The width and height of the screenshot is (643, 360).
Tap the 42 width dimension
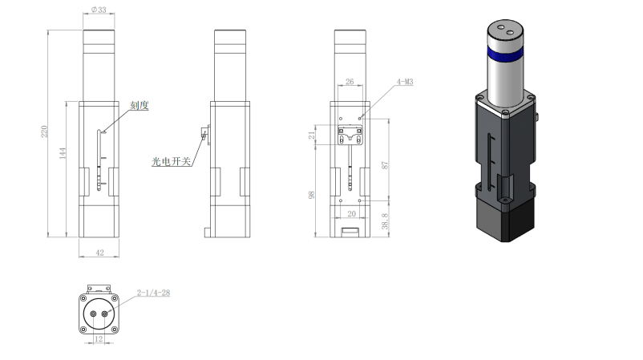(x=99, y=252)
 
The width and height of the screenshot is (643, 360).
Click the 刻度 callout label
(x=140, y=105)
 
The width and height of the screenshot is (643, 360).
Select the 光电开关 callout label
(x=171, y=162)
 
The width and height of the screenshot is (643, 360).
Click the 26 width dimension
(x=350, y=82)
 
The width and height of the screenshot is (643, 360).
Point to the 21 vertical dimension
(x=312, y=136)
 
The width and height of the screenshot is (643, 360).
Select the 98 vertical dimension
(x=312, y=194)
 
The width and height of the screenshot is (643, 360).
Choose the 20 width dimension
(x=350, y=214)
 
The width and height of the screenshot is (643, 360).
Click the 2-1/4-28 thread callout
(x=153, y=293)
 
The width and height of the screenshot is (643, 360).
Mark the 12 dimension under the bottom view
(x=99, y=340)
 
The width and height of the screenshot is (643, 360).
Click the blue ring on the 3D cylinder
(x=506, y=57)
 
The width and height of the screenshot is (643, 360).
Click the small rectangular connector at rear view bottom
(x=350, y=232)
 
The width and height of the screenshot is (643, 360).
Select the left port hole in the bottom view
(x=94, y=313)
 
